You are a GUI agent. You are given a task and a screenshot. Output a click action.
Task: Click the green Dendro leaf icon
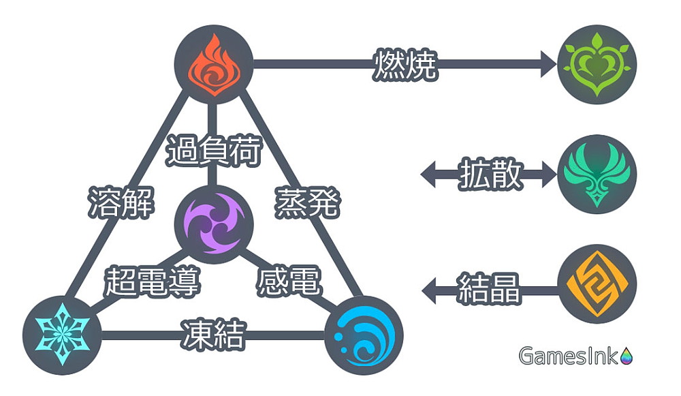(597, 65)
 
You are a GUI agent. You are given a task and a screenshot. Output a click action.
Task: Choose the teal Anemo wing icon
(597, 174)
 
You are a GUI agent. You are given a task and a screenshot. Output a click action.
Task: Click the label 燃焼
(405, 65)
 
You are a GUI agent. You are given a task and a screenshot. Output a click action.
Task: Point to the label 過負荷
(213, 151)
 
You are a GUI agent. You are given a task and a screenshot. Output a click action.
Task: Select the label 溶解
(121, 202)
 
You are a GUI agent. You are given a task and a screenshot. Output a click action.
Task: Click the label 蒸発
(306, 202)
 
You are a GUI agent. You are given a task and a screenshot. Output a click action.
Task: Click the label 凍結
(213, 335)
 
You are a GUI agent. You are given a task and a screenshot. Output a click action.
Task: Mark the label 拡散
(490, 174)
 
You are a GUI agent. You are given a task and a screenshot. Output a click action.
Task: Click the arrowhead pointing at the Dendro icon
(548, 65)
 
